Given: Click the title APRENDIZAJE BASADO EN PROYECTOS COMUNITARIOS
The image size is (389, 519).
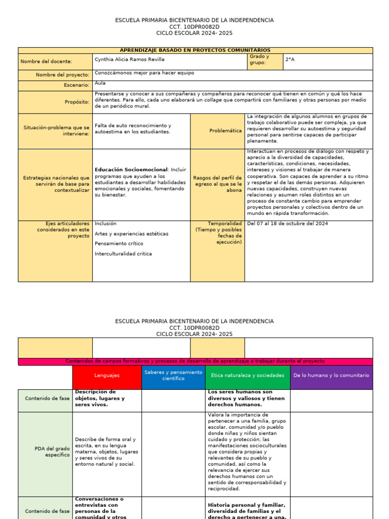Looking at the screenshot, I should pos(195,50).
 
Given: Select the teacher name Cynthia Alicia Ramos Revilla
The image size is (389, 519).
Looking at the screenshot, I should pos(129,59).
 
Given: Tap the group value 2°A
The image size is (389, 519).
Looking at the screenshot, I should pos(290,59).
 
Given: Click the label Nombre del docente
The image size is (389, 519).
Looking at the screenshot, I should pos(46,62).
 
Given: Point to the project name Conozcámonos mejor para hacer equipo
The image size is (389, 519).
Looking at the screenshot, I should pos(144,73).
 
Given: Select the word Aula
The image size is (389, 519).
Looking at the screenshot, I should pos(100,83).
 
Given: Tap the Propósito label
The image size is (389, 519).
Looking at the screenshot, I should pos(77,102).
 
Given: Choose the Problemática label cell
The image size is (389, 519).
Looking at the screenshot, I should pos(225,131).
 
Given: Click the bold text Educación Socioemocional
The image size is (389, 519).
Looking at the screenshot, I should pos(131,169).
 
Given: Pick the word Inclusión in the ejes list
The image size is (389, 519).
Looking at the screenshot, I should pos(105,224).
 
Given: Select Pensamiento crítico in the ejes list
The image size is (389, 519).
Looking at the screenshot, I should pos(119,244).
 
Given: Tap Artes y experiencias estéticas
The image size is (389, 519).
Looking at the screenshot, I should pos(131,234).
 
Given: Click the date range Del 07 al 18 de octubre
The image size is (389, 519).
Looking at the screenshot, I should pos(287,224).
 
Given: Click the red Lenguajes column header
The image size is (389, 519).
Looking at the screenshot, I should pos(107,376).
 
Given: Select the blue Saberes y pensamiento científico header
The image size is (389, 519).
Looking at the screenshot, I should pos(173,376).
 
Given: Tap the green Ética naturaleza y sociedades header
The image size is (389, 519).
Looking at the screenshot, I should pos(248,376).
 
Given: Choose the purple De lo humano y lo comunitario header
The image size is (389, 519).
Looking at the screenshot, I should pos(331,376).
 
